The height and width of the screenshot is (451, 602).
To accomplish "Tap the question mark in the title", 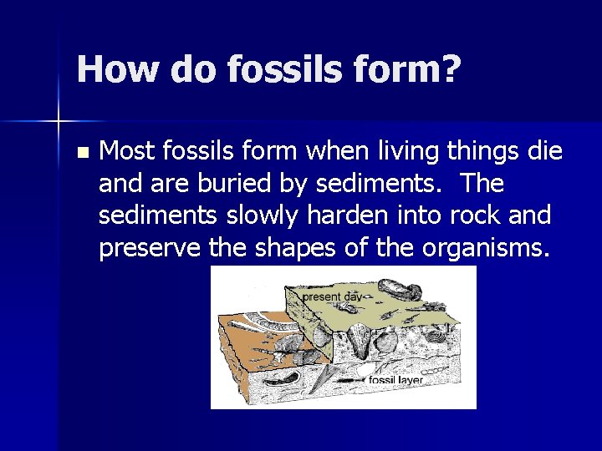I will coord(449,69).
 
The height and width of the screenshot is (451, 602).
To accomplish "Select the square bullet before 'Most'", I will coord(80,153).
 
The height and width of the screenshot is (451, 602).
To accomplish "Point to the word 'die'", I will coord(545,152).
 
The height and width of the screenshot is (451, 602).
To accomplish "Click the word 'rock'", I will coord(467,215).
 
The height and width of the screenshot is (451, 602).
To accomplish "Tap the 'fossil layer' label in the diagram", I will coord(396,381).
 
